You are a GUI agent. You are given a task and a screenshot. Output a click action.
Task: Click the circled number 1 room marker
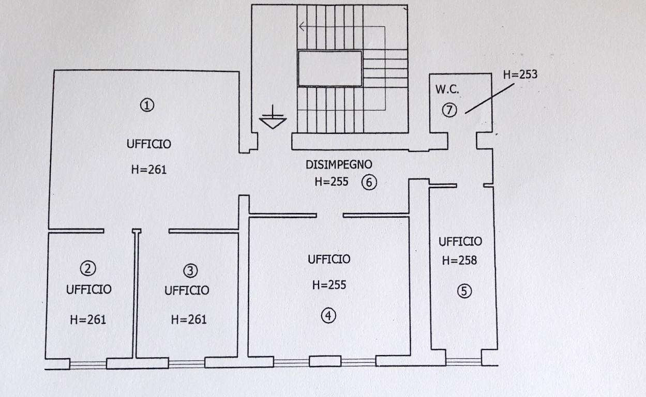point(147,106)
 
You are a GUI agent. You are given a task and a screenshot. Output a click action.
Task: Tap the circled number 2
point(88,268)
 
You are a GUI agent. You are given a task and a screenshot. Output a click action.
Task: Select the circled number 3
point(190,270)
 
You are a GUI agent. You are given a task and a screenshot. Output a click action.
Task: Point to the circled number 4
point(328,315)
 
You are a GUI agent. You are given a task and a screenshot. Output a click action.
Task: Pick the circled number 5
point(464,292)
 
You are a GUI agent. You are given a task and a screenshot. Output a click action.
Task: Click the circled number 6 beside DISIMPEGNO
point(369,182)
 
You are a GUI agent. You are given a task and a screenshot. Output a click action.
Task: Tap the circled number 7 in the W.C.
point(449,110)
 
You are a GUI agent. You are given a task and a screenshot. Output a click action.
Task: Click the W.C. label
point(446,89)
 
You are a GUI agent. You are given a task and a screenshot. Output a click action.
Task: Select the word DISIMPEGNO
point(339,165)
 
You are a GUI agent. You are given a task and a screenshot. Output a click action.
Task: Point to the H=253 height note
point(520,74)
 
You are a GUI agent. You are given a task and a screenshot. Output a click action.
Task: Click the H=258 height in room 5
point(459,261)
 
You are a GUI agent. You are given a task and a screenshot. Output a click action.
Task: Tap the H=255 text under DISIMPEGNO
point(332,182)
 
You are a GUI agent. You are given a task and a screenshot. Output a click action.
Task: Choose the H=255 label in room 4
point(329,285)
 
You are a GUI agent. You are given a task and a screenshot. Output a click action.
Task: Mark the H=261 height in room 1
point(148,170)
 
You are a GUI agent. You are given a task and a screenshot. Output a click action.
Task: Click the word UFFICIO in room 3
point(187,291)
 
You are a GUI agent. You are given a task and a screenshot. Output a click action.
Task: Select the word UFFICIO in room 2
point(88,289)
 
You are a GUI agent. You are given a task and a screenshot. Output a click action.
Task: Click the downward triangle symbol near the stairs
point(273,123)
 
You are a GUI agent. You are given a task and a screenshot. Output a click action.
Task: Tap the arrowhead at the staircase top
point(302,27)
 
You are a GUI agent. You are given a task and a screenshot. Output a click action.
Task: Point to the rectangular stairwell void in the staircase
point(329,68)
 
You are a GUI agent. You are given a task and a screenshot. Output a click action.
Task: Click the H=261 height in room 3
point(189,320)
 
